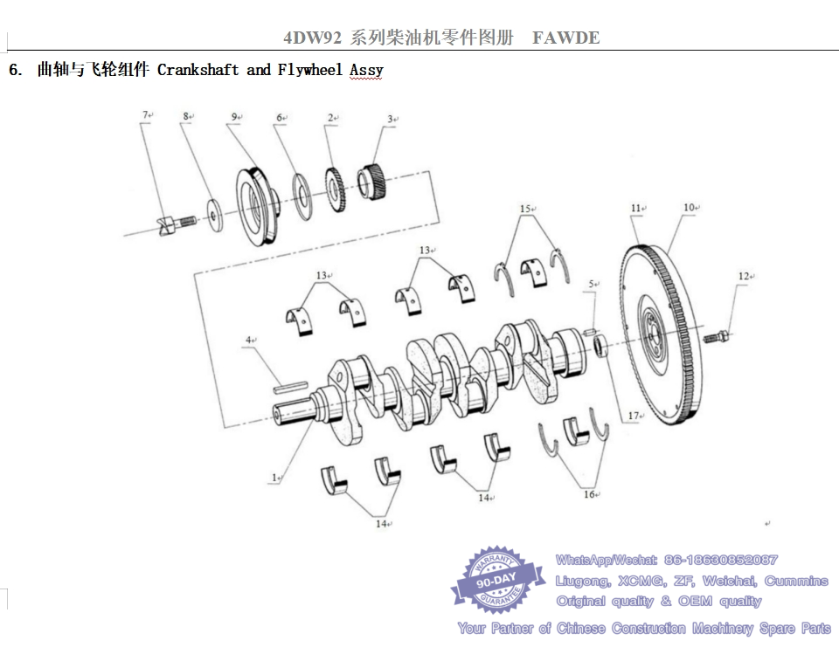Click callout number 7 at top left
146,114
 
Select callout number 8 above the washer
186,116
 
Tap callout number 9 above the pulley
234,117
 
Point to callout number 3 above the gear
391,119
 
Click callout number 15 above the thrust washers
524,210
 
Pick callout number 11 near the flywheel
635,209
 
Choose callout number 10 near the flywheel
688,208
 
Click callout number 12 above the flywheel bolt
742,277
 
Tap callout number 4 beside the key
248,340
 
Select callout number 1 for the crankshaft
274,478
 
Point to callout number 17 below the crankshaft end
634,416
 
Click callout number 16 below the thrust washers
589,494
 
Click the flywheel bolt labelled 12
718,335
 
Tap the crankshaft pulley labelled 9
256,206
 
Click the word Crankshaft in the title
198,70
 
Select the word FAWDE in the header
565,38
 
